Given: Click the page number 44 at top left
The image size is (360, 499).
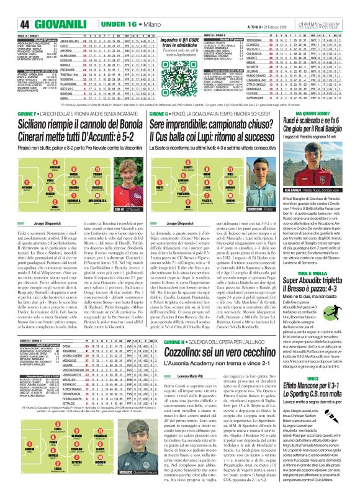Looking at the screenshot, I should pyautogui.click(x=10, y=8).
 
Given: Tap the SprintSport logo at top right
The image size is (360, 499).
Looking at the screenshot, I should pyautogui.click(x=333, y=8).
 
